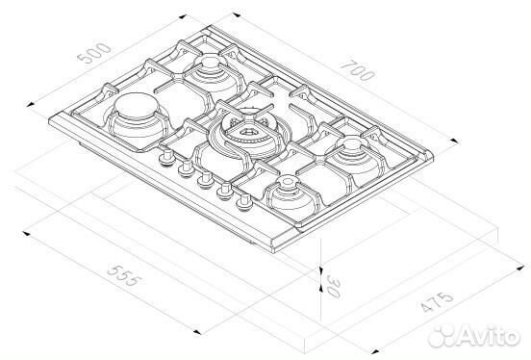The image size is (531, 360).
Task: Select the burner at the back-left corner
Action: click(210, 69)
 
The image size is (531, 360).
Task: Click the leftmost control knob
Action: click(167, 158)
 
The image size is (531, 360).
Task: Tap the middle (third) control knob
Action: click(205, 179)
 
